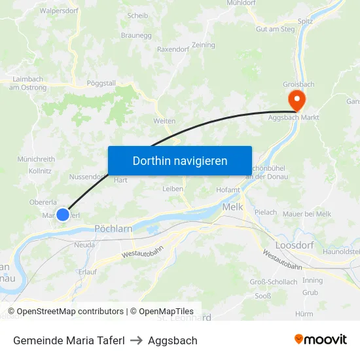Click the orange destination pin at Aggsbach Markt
coord(296,100)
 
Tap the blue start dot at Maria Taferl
coord(63,214)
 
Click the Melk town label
coord(232,206)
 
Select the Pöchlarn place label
coord(114,229)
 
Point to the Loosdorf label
coord(295,244)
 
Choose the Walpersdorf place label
coord(59,11)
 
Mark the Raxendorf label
coord(173,49)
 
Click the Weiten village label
coord(164,121)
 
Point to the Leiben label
coord(173,189)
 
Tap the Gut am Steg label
coord(275,29)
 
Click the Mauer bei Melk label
coord(307,213)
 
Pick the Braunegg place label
coord(135,35)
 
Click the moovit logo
coord(320,340)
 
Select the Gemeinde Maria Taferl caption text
coord(68,340)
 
